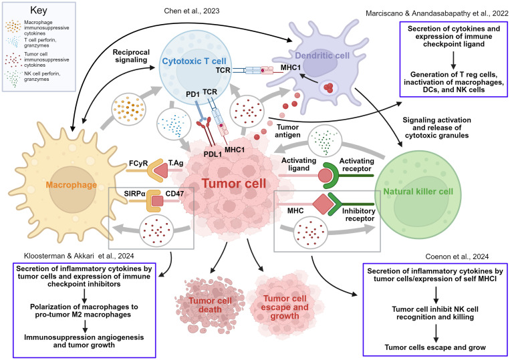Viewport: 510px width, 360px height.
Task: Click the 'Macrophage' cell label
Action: (x=72, y=185)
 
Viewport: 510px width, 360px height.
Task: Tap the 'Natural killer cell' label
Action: (x=418, y=192)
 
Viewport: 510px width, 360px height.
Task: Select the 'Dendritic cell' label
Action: (x=322, y=55)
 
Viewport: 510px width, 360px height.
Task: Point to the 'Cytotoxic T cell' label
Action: (x=195, y=61)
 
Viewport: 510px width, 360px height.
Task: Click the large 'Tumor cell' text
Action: (x=234, y=184)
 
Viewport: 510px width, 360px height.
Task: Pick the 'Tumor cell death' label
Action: (x=210, y=305)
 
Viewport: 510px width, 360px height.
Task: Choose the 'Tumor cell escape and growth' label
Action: (x=285, y=307)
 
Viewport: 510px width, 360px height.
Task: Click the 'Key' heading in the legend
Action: (x=38, y=10)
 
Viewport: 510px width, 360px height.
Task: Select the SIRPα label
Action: (x=134, y=194)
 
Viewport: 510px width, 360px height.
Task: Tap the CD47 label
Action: (x=174, y=194)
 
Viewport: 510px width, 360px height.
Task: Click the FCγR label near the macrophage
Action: (x=138, y=163)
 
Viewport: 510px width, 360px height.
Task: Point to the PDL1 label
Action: (x=213, y=154)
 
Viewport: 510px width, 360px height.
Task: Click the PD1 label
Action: (x=193, y=94)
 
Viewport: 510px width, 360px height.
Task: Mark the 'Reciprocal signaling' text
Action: (x=131, y=56)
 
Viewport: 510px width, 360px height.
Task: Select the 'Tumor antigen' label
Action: (x=287, y=131)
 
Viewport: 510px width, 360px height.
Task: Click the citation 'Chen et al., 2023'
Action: (x=192, y=11)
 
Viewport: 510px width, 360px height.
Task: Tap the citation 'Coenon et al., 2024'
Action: (x=457, y=256)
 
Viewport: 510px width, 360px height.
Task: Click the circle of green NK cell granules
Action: (x=323, y=141)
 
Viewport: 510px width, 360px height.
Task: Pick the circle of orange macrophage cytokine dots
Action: (x=128, y=109)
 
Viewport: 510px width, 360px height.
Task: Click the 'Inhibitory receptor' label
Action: (x=359, y=214)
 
